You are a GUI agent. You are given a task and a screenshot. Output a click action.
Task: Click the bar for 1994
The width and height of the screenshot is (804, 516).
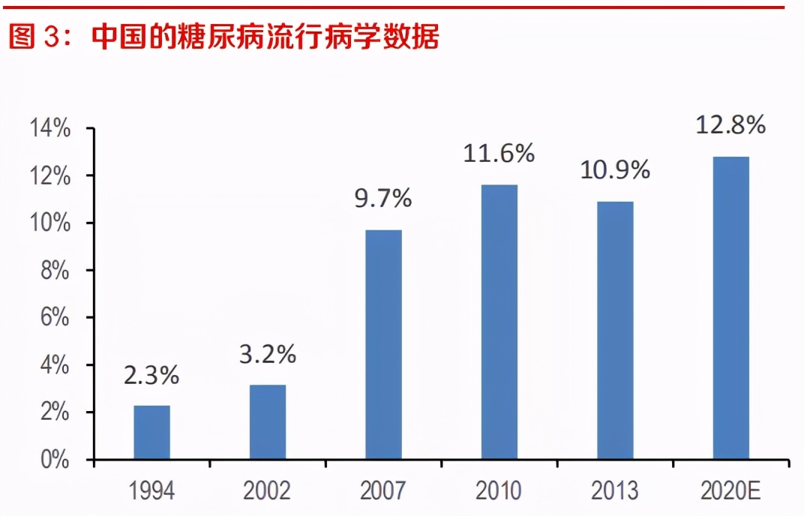(x=151, y=432)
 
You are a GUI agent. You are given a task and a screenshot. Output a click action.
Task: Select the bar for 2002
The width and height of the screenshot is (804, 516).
(x=268, y=421)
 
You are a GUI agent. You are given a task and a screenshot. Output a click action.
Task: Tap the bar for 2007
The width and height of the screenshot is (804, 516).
(x=383, y=344)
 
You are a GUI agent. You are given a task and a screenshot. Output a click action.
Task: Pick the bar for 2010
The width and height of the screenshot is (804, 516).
(x=499, y=322)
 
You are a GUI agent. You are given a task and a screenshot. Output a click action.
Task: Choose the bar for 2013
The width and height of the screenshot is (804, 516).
(x=615, y=330)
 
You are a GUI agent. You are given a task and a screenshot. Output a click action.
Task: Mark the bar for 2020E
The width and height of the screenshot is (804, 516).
(x=730, y=307)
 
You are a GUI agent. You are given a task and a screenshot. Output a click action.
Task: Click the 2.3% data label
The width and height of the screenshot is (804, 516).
(x=151, y=375)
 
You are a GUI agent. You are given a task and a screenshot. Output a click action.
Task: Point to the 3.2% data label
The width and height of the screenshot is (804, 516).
(x=268, y=354)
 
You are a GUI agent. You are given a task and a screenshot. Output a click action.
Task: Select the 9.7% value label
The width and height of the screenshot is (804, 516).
(x=383, y=199)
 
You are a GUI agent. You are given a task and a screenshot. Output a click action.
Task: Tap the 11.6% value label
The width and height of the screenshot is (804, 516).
(x=499, y=154)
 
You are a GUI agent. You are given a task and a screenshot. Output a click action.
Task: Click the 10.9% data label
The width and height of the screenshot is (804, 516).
(x=615, y=170)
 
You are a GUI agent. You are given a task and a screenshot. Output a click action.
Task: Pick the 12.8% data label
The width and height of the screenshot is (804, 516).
(x=730, y=124)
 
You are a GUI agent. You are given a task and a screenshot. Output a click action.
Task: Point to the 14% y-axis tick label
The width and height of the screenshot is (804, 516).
(x=49, y=129)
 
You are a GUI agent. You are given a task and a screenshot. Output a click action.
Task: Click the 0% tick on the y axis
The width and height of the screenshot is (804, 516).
(x=56, y=460)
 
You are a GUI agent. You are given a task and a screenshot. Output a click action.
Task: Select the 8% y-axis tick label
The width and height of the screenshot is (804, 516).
(x=56, y=271)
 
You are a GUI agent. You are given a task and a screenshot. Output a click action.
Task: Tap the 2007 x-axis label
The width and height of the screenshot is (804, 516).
(x=383, y=491)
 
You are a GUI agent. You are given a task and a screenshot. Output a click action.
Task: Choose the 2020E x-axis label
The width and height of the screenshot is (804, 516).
(x=730, y=491)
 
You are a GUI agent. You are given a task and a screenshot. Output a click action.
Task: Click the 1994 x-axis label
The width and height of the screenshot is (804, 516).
(x=151, y=491)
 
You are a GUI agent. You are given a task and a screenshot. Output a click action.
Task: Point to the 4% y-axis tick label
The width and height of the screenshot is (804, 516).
(x=56, y=365)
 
